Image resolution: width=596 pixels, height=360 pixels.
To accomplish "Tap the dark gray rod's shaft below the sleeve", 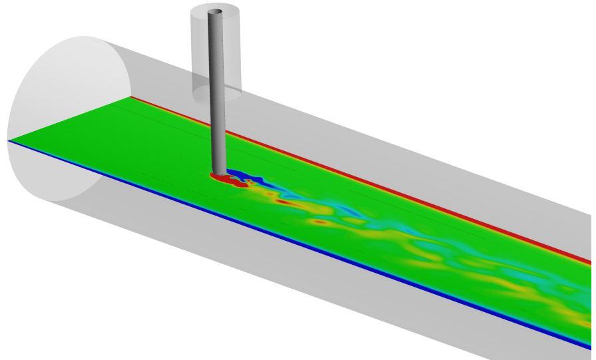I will tap(218, 133).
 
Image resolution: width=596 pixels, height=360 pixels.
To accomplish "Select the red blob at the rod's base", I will tap(216, 178).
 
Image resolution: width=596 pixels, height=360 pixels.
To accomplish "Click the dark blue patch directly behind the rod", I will tap(241, 176).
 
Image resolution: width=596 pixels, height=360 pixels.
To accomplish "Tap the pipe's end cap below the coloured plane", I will tap(60, 173).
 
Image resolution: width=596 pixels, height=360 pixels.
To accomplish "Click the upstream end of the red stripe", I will tap(133, 97).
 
